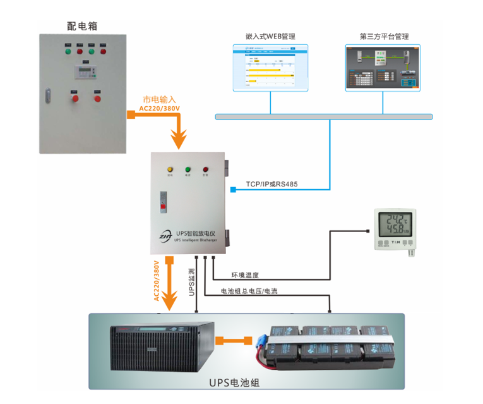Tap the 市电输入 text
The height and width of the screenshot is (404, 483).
159,99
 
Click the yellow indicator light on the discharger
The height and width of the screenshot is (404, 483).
170,169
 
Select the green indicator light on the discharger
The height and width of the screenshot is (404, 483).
188,169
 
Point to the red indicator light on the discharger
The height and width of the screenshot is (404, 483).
205,169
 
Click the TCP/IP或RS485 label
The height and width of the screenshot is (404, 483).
273,185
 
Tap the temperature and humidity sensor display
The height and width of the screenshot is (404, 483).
396,224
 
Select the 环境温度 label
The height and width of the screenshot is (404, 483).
245,275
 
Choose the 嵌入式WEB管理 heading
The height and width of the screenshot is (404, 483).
270,37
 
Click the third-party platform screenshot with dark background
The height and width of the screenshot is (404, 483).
383,68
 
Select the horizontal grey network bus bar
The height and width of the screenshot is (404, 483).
323,116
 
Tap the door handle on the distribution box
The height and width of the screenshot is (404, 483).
47,95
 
